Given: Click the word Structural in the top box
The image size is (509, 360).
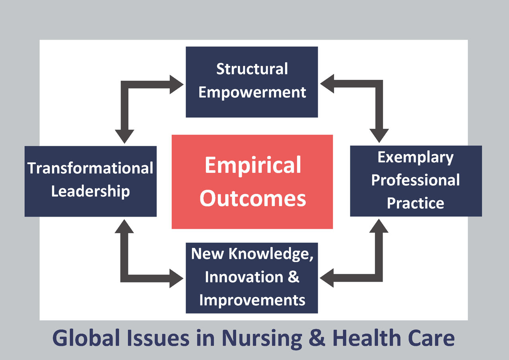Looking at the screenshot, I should coord(252,69).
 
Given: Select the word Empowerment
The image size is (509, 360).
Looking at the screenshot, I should coord(252,93).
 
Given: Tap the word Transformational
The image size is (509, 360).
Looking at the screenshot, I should coord(90,168).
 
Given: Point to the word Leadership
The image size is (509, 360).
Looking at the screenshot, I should coord(90,192).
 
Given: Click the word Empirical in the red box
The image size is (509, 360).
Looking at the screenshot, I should coord(253,165).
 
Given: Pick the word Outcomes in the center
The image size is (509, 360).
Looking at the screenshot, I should coord(253,198).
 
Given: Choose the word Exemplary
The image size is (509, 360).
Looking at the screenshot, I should coord(416,157).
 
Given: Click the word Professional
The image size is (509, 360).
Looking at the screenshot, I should coord(416,180).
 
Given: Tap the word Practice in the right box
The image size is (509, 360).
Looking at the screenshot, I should coord(416,203).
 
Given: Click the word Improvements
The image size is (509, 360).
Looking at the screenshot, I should coord(252,300).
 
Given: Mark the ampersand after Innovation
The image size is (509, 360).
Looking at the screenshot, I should coord(293,277).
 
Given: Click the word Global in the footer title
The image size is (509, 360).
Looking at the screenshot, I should coord(86,339).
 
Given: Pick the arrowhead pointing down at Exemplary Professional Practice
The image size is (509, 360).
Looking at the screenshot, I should coord(379,135).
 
